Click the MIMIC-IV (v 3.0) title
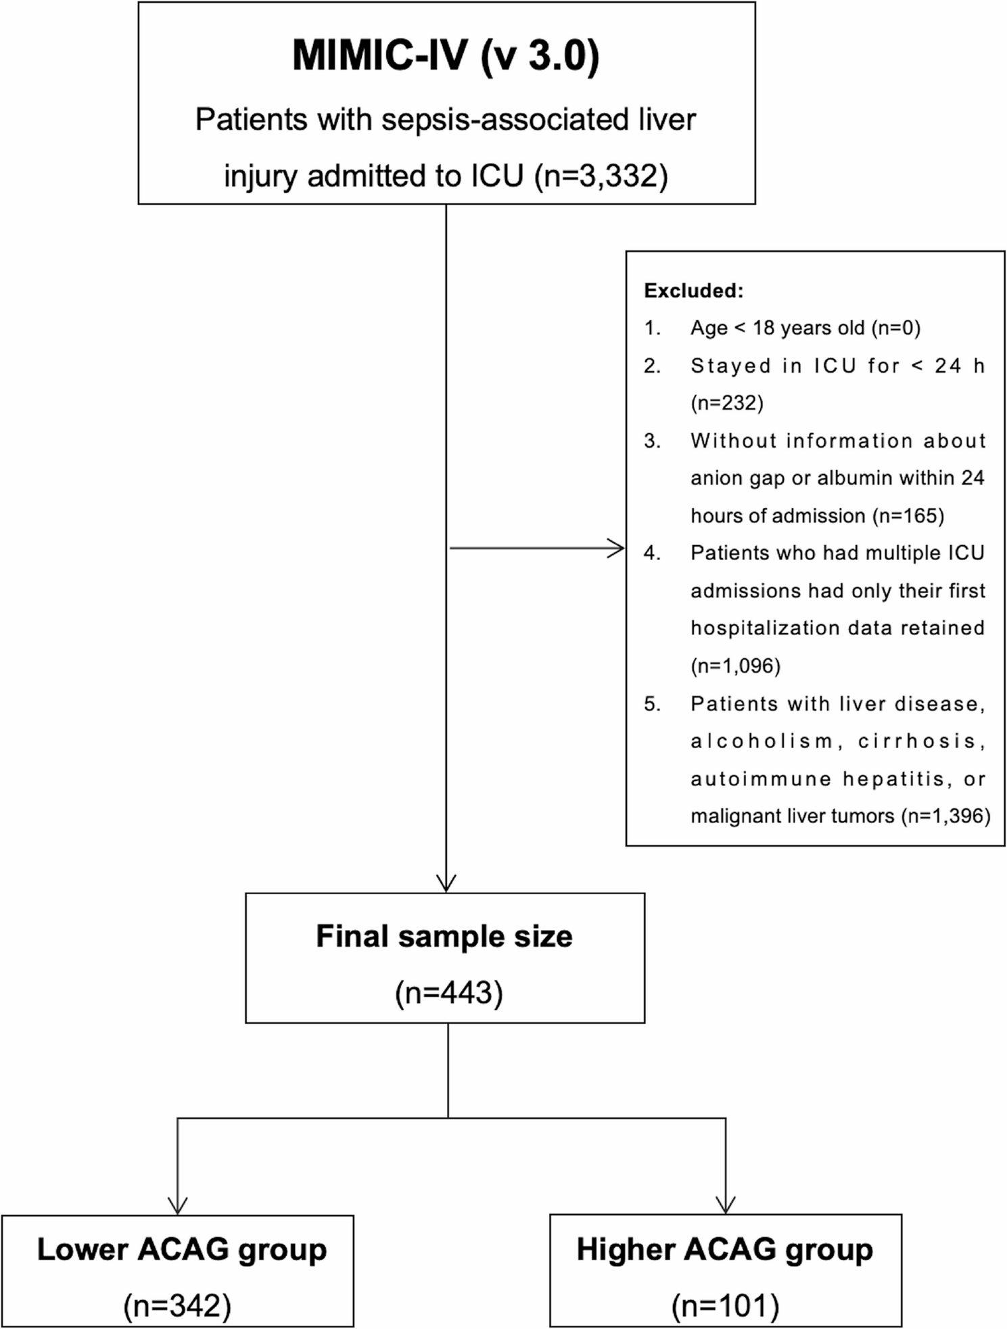[446, 55]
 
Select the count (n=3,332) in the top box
[601, 176]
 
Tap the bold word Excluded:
[694, 291]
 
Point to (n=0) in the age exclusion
[895, 328]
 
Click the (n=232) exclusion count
[727, 403]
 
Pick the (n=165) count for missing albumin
[908, 516]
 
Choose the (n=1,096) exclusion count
[736, 666]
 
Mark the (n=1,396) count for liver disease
[945, 816]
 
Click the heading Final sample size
[444, 937]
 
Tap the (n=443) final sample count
[449, 994]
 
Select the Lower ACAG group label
[182, 1250]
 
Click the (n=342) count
[177, 1306]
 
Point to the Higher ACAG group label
[725, 1250]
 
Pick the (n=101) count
[726, 1306]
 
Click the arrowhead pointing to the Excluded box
[617, 549]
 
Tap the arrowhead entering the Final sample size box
[446, 884]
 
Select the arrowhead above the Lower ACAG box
[177, 1206]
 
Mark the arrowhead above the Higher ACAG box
[726, 1206]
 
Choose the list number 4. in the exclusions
[652, 553]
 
